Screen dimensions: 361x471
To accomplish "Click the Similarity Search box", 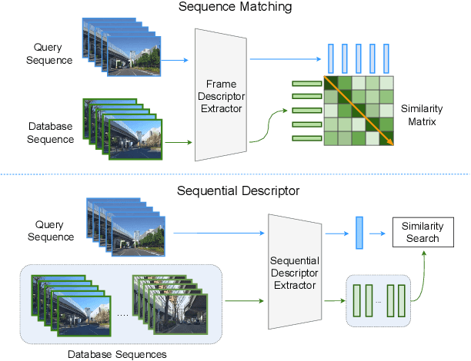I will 422,232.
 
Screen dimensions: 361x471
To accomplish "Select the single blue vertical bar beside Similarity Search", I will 359,232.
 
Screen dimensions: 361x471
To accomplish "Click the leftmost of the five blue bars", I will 332,58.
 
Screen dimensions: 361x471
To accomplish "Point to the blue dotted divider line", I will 231,174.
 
